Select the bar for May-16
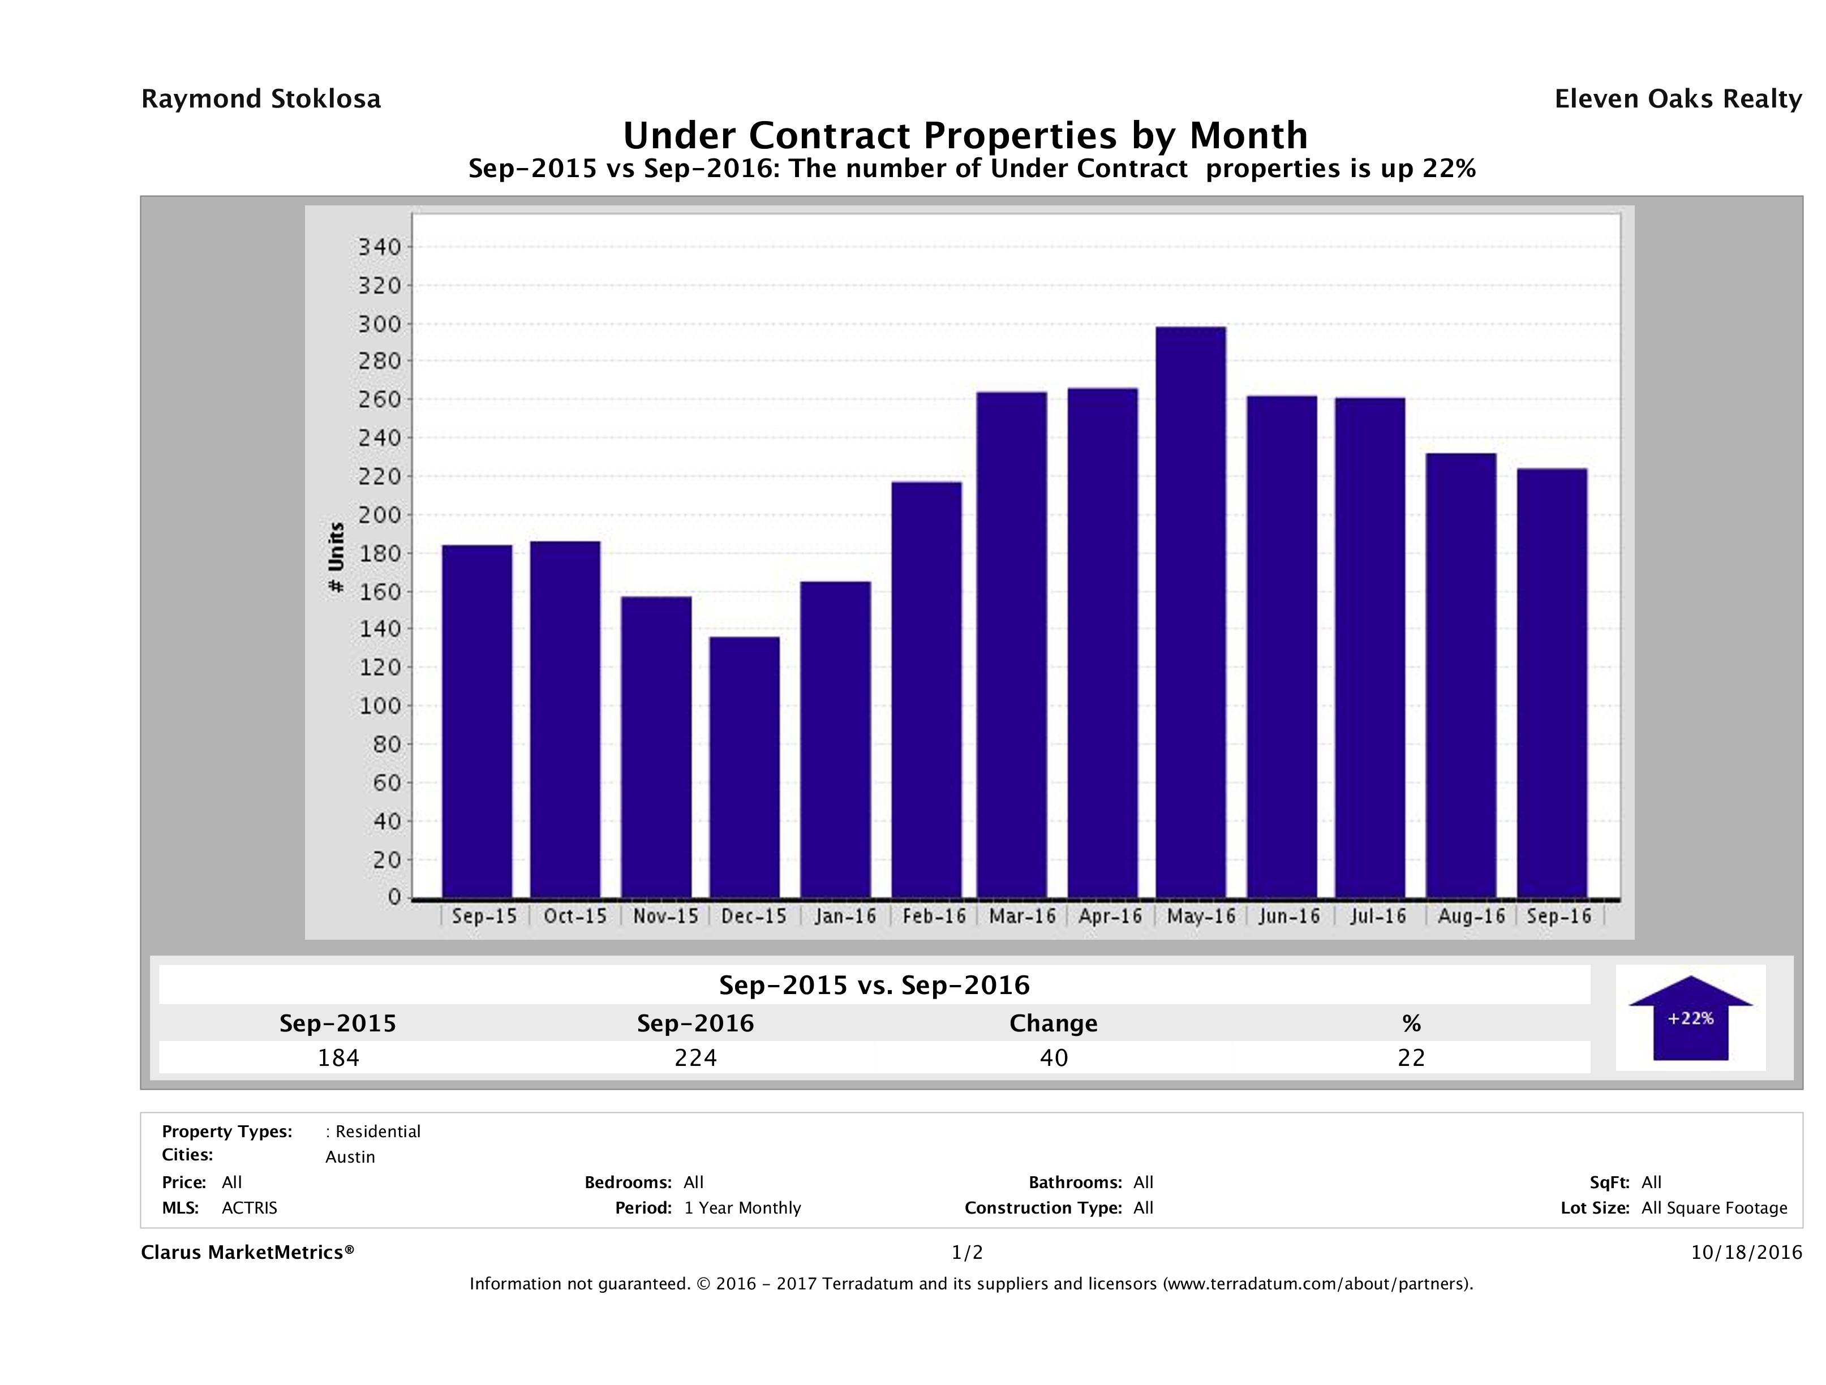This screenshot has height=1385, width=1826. tap(1191, 612)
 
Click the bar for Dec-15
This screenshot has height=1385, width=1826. tap(744, 768)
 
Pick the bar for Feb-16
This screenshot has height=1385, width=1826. tap(926, 690)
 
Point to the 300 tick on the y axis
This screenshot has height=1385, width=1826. tap(379, 324)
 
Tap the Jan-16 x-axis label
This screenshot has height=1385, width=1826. tap(844, 916)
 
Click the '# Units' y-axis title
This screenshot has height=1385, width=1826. tap(336, 557)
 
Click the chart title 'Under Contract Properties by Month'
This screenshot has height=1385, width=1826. tap(965, 135)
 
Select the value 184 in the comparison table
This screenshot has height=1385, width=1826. tap(338, 1057)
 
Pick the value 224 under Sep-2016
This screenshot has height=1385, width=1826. tap(695, 1057)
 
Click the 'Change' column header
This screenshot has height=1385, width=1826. tap(1054, 1023)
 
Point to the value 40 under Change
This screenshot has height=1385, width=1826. tap(1054, 1057)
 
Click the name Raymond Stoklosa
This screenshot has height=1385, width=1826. tap(261, 99)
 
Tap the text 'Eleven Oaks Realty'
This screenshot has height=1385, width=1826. tap(1677, 99)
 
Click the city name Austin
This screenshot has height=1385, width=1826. tap(350, 1157)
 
